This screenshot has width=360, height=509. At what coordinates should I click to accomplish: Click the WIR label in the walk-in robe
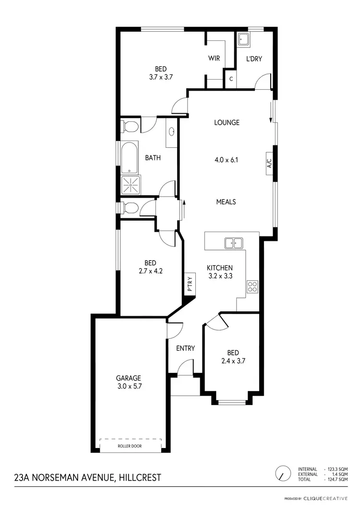pos(214,59)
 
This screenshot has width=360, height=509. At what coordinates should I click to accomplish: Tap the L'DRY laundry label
pos(254,59)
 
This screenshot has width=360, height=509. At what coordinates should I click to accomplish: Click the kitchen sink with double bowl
pos(234,243)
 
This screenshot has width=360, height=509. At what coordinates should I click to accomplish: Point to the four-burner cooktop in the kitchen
pos(252,287)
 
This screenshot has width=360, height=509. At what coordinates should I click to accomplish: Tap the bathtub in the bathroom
pos(129,157)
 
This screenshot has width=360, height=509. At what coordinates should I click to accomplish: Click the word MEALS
pos(226,202)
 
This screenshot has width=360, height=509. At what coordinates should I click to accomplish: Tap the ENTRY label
pos(185,348)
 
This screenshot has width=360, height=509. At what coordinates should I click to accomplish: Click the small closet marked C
pos(231,79)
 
